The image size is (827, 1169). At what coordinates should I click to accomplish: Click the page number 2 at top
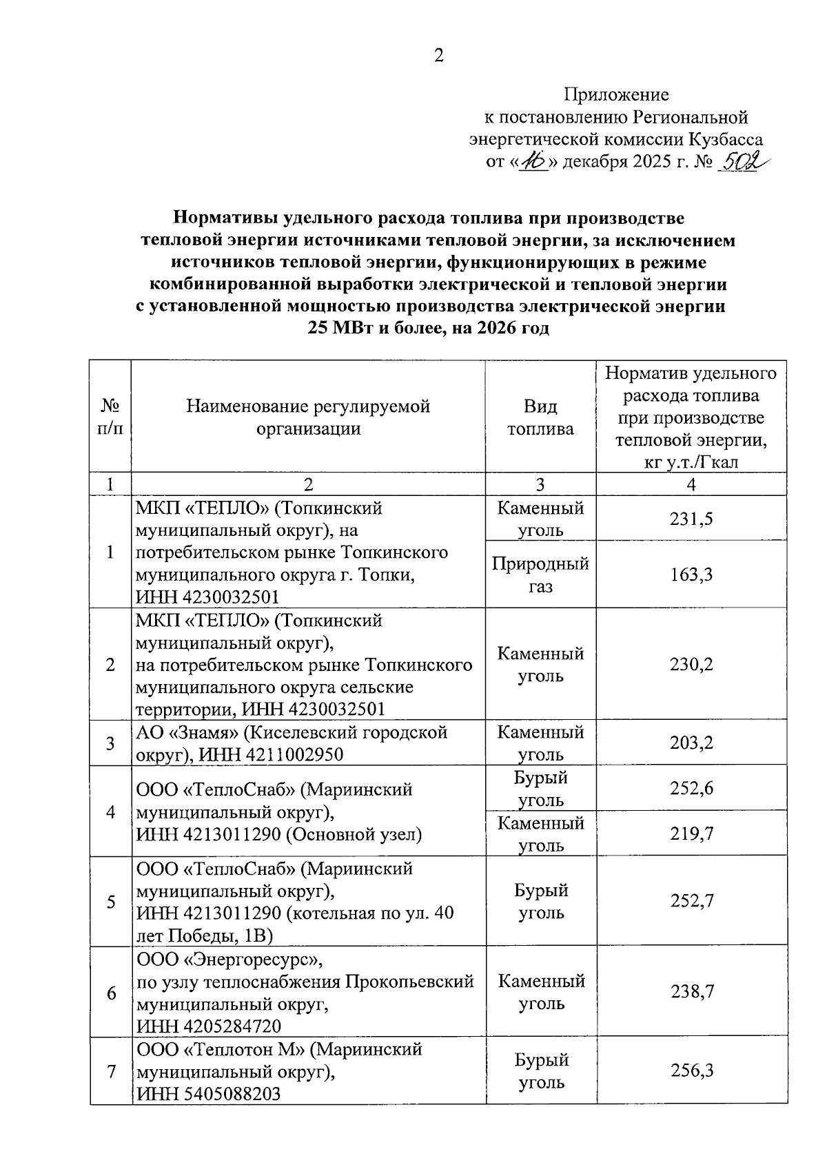pos(438,56)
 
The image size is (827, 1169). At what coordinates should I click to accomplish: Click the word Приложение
pos(616,94)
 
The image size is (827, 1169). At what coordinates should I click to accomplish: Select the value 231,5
pos(691,519)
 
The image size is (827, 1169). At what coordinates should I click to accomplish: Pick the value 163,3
pos(691,575)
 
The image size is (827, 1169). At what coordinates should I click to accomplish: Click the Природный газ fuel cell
pos(540,575)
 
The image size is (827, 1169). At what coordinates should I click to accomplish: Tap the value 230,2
pos(691,665)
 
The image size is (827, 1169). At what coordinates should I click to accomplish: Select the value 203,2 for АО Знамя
pos(691,743)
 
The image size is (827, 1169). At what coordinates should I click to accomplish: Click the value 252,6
pos(691,788)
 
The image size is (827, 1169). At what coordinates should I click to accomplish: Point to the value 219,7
pos(691,834)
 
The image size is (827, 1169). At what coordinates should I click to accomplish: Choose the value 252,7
pos(691,901)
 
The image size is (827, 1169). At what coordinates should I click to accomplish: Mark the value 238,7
pos(691,991)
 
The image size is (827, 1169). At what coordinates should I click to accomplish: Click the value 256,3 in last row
pos(691,1070)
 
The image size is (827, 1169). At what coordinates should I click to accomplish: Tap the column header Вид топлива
pos(540,417)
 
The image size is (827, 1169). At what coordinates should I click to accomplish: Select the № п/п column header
pos(110,417)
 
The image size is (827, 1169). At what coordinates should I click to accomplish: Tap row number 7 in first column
pos(110,1071)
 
